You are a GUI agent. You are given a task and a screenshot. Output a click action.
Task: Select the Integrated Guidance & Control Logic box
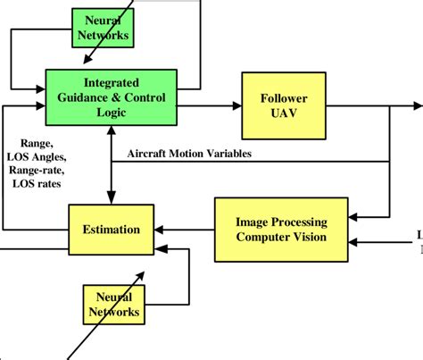click(112, 93)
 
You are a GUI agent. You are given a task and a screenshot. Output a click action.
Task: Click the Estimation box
click(112, 230)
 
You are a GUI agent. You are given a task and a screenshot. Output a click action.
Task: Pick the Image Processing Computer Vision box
click(282, 230)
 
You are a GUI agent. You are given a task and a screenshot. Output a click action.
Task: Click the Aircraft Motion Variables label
click(190, 154)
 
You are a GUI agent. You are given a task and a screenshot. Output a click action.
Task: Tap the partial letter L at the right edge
click(419, 236)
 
